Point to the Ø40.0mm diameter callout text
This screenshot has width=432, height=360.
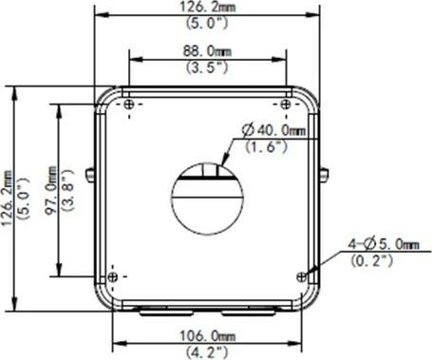(274, 129)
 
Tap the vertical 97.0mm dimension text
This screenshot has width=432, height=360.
(53, 189)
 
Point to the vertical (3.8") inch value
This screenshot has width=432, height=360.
(69, 189)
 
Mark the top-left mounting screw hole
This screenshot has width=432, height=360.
(128, 104)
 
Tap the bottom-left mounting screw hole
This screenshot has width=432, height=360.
(114, 276)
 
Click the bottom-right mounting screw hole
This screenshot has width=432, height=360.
(302, 276)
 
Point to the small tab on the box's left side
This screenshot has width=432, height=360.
(89, 175)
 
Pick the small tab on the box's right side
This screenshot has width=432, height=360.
(326, 175)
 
